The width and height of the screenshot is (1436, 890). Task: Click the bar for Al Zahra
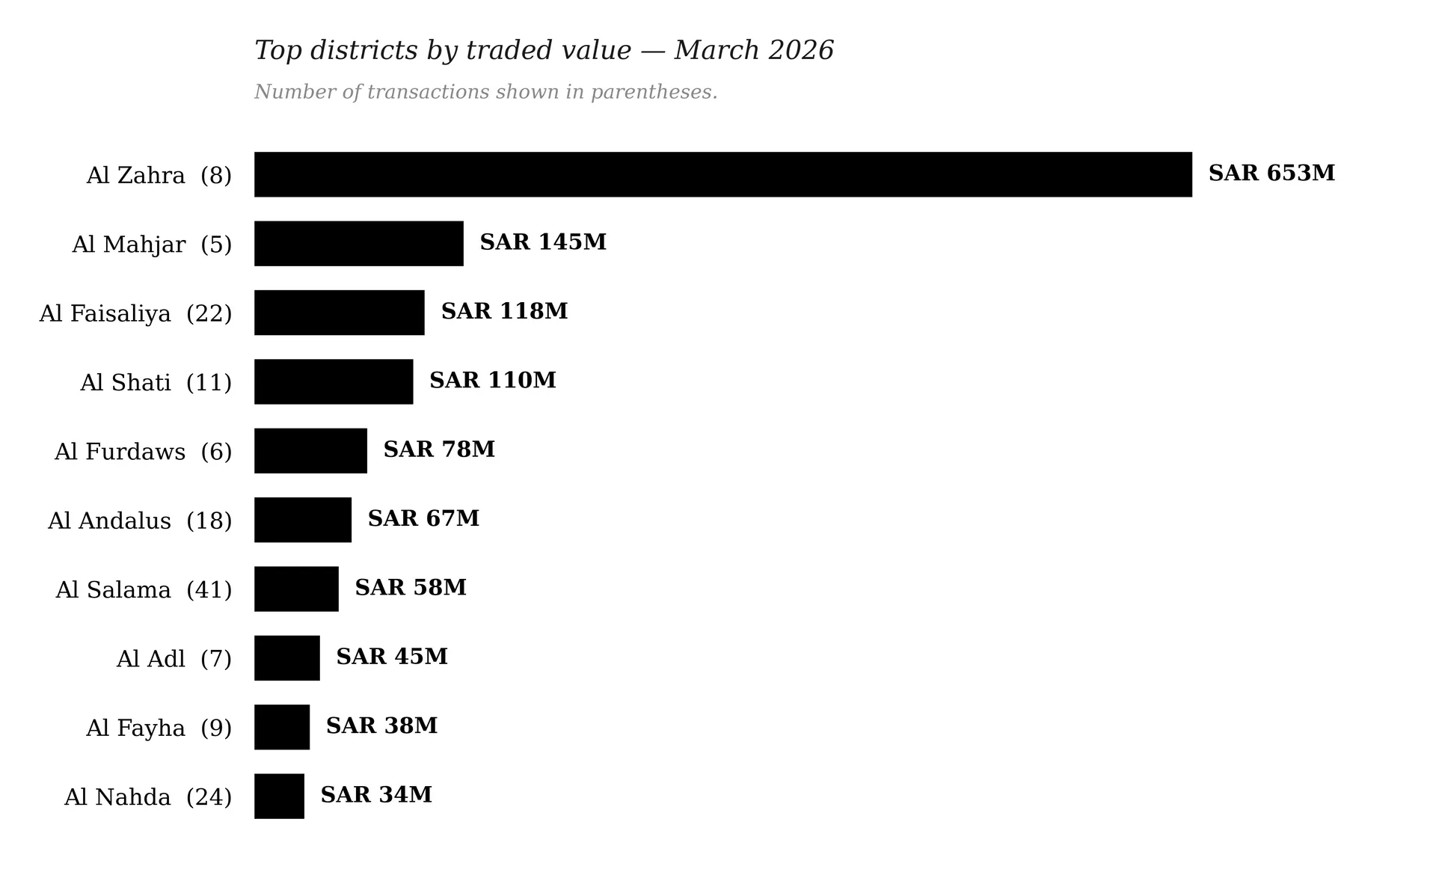pos(723,174)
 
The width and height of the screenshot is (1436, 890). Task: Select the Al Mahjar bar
pos(359,243)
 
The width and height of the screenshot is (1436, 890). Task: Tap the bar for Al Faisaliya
pos(340,313)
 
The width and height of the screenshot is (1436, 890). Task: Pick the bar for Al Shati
pos(334,381)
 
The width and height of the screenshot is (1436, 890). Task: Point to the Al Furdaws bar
pos(310,451)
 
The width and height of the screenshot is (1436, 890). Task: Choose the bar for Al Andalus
pos(303,520)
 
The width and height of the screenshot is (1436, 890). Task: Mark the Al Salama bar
pos(296,589)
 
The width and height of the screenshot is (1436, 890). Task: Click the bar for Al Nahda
pos(279,796)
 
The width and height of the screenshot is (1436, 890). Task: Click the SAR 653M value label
pos(1271,173)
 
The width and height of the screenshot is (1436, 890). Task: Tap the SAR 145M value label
pos(543,242)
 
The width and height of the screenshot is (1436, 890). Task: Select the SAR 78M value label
pos(439,449)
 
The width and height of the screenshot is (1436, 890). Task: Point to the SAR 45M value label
pos(392,656)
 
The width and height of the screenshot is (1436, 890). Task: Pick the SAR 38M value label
pos(382,725)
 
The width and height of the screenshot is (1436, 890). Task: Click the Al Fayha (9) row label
pos(159,728)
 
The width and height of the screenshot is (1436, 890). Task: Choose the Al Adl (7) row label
pos(174,659)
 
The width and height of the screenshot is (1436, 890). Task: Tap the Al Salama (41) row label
pos(144,590)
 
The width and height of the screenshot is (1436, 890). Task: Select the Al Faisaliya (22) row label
pos(135,313)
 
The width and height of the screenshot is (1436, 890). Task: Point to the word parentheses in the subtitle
pos(654,92)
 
